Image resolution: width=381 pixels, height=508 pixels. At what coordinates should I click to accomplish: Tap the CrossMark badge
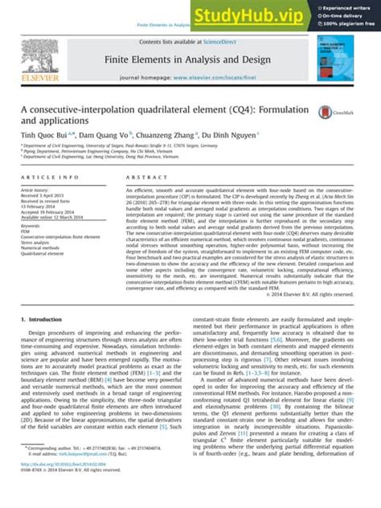pyautogui.click(x=329, y=113)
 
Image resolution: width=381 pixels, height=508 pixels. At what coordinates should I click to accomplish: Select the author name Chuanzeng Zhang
pyautogui.click(x=182, y=137)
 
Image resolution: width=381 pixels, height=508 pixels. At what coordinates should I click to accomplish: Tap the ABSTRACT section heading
pyautogui.click(x=141, y=177)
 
